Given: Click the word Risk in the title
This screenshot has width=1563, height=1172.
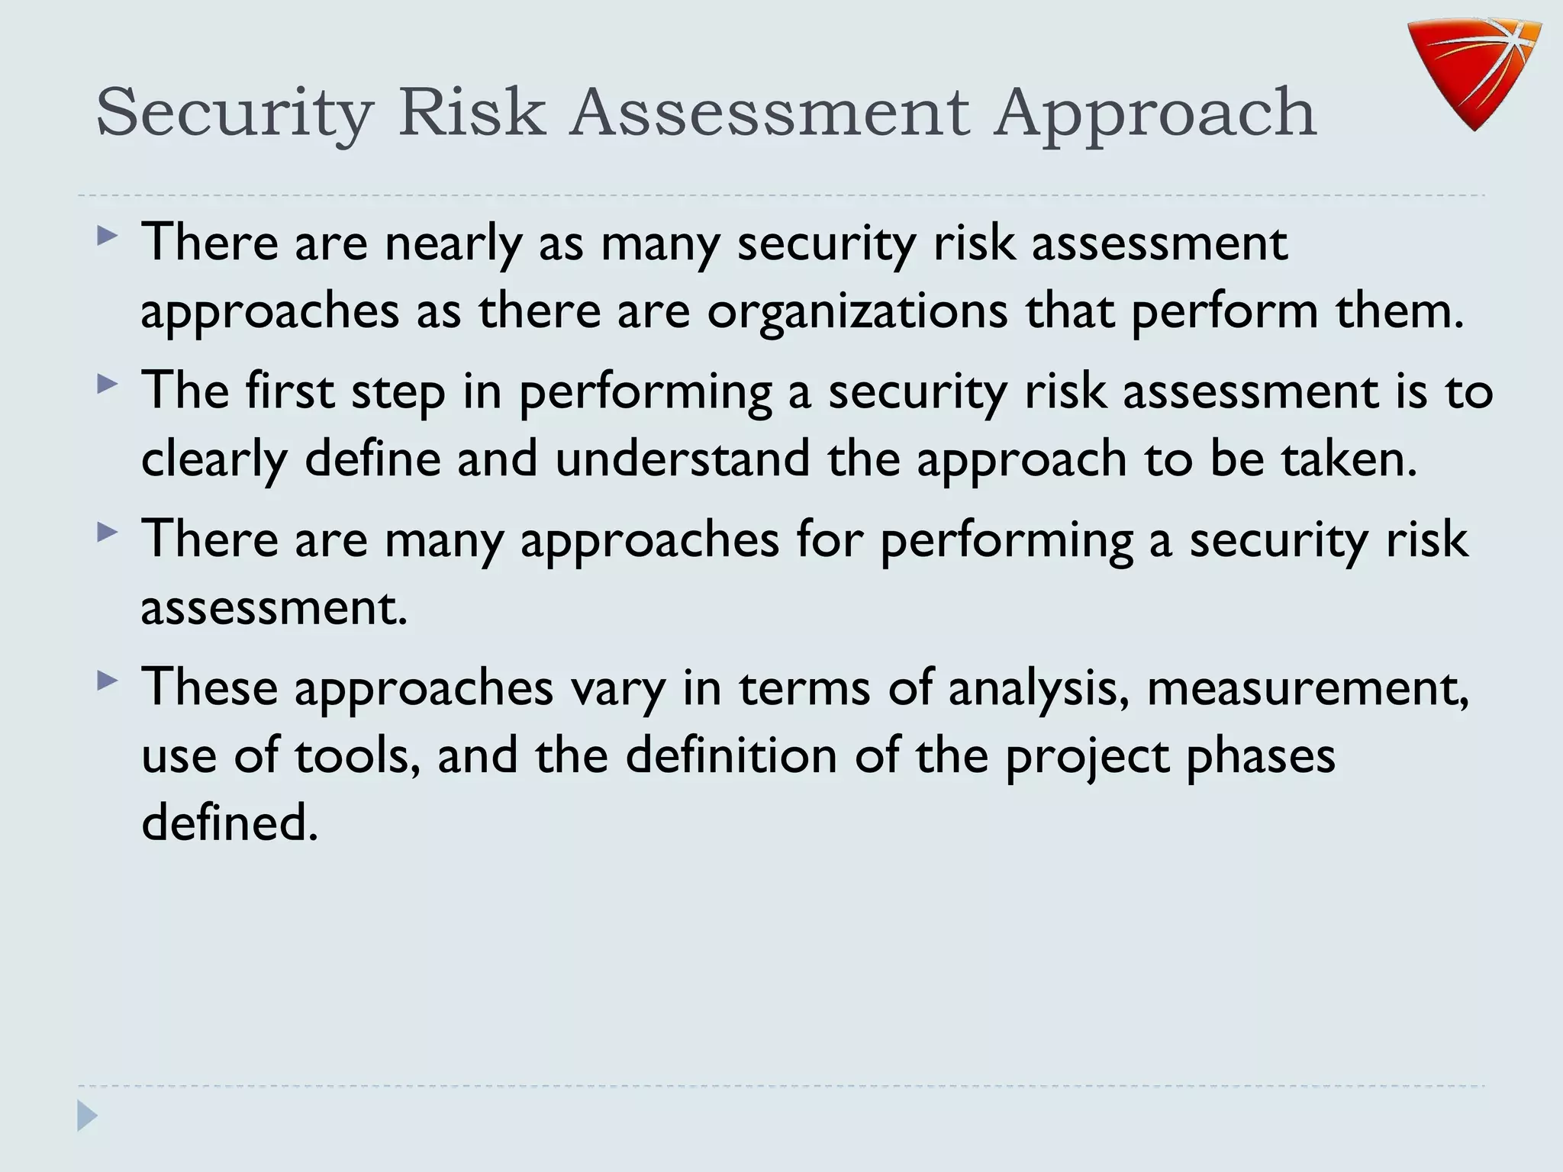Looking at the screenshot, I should tap(472, 113).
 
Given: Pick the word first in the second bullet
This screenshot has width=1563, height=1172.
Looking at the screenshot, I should tap(289, 391).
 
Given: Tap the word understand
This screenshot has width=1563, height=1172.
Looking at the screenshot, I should tap(682, 459).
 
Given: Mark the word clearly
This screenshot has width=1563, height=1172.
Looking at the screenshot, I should tap(214, 460).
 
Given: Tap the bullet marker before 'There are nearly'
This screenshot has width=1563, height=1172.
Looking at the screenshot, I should tap(108, 234).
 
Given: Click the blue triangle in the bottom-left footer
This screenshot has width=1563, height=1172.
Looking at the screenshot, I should tap(87, 1116).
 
